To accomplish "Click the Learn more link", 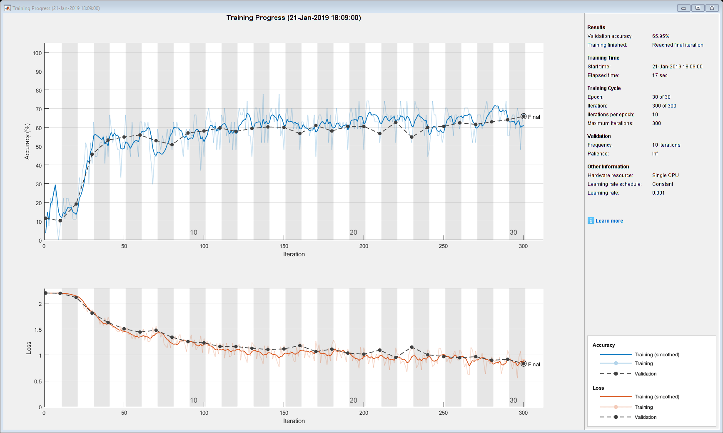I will click(x=609, y=221).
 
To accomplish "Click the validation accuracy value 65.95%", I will click(x=661, y=36).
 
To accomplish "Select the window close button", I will click(x=712, y=8).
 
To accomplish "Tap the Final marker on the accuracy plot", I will click(x=524, y=117).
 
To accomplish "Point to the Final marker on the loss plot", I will click(x=524, y=364).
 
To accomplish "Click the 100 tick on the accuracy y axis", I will click(x=37, y=53).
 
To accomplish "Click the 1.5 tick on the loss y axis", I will click(x=37, y=330).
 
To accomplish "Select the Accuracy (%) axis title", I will click(x=27, y=141).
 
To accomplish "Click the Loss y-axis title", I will click(x=29, y=348).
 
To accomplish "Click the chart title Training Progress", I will click(x=294, y=18).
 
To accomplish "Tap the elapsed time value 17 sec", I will click(x=660, y=75).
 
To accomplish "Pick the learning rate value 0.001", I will click(x=658, y=193).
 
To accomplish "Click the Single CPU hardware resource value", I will click(x=665, y=175).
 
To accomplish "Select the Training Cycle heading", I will click(x=603, y=88).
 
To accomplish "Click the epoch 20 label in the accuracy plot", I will click(x=353, y=233).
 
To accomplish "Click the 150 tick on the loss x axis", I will click(x=284, y=413).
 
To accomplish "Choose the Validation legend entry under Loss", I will click(x=645, y=417).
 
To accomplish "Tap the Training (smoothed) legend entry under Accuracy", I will click(x=656, y=355).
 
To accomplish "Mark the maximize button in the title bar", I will click(x=698, y=8).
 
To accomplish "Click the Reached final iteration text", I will click(x=677, y=45).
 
